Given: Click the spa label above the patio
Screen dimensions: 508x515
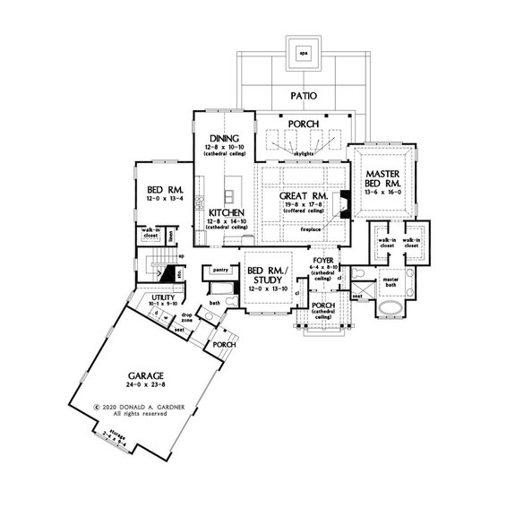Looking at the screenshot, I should [304, 51].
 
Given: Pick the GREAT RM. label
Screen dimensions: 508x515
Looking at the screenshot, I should [294, 194].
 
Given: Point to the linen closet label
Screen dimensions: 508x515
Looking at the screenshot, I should [170, 236].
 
